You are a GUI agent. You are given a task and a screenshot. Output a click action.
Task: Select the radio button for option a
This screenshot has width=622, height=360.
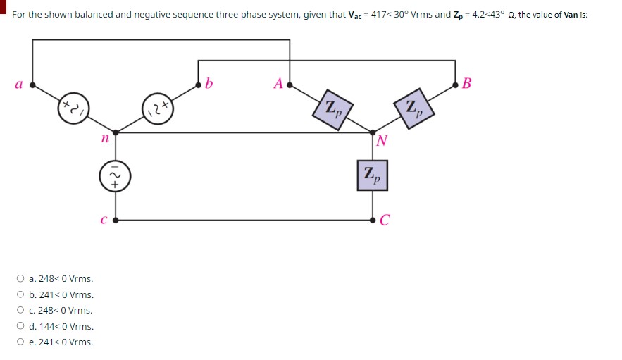[21, 279]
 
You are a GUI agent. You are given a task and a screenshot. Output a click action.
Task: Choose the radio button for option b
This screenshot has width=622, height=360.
[21, 295]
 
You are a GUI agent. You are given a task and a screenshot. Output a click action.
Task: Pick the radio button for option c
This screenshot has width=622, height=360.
[21, 311]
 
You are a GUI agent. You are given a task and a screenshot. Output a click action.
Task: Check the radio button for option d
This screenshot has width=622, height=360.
[21, 327]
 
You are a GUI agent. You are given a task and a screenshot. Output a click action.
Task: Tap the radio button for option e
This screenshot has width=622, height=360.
[21, 342]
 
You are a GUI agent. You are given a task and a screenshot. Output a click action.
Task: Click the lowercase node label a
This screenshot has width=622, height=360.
[18, 85]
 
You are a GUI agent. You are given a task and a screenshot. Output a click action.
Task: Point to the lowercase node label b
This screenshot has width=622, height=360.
[209, 85]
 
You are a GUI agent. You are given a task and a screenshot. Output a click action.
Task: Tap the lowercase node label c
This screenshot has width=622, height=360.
[104, 220]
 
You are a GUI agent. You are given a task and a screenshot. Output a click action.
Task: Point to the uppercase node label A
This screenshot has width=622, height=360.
[278, 85]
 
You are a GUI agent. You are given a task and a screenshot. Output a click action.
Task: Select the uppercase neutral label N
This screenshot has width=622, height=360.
[382, 140]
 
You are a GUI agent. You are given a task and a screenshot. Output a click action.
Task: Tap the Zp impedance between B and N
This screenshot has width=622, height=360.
[413, 108]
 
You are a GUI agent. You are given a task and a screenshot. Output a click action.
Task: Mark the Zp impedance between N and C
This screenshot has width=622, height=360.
[373, 176]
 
